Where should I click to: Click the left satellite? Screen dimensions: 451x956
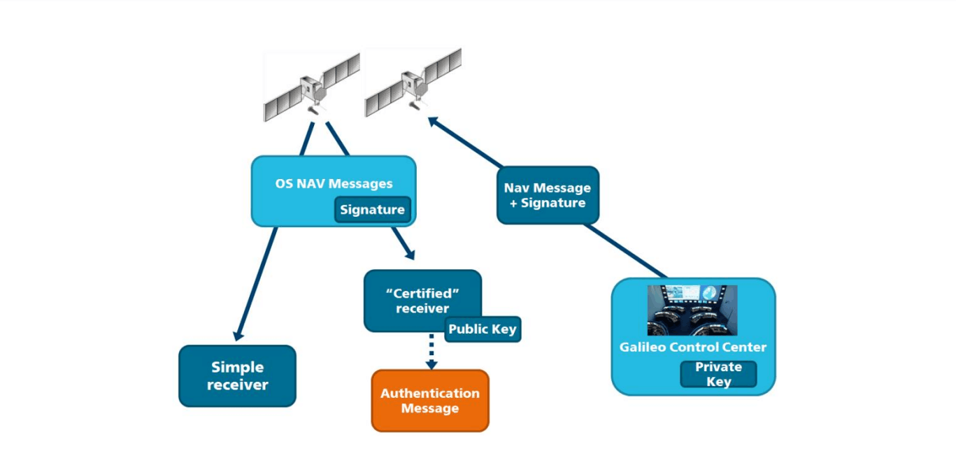coord(311,87)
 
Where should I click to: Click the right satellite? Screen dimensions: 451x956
coord(413,83)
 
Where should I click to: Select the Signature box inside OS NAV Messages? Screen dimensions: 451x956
coord(372,210)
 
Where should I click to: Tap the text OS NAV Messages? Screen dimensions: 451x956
coord(334,184)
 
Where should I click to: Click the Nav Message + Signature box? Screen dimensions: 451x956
coord(548,195)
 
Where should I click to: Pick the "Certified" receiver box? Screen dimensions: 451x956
coord(422,300)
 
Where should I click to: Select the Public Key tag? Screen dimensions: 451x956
coord(483,329)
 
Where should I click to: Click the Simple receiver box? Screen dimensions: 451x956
coord(237,376)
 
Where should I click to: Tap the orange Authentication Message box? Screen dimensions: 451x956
coord(429,401)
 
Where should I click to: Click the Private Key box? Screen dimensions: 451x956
coord(718,374)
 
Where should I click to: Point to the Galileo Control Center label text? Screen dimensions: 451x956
coord(692,348)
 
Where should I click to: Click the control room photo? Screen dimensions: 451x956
coord(692,310)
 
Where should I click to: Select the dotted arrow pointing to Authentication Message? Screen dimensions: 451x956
coord(431,350)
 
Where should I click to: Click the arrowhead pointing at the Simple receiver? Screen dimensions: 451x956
coord(238,335)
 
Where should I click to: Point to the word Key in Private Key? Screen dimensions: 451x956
coord(718,382)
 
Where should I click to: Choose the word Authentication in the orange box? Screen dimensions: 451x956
coord(429,393)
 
